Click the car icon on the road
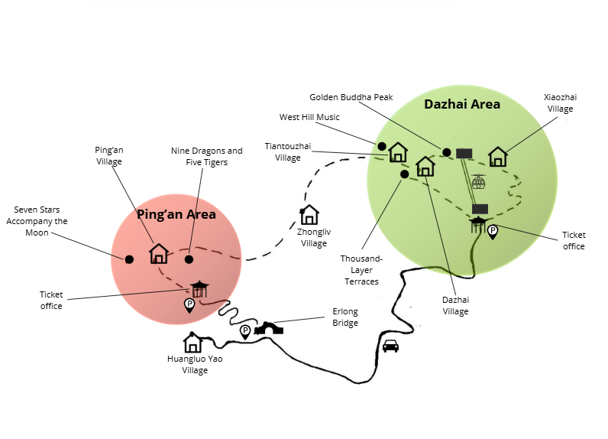pos(390,346)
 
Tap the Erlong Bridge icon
pos(269,328)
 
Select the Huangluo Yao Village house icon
pos(192,342)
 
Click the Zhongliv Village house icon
pos(309,215)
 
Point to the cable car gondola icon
pos(479,183)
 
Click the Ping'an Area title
pos(176,214)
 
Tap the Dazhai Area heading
pos(462,104)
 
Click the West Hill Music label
pos(309,117)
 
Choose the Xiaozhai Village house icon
pos(498,157)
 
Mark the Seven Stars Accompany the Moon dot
pos(129,259)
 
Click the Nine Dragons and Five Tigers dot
pos(189,259)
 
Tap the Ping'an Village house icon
pos(159,253)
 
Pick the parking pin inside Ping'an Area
pos(189,305)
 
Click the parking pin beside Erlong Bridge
pos(245,331)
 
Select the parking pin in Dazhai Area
pos(493,231)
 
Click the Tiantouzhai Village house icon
pos(398,152)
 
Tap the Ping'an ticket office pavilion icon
pos(200,288)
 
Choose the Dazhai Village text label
pos(455,305)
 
